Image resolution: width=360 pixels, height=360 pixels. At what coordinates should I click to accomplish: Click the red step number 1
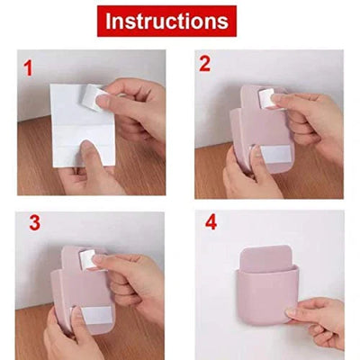(x=28, y=66)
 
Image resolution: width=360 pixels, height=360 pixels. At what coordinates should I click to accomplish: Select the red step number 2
(x=204, y=64)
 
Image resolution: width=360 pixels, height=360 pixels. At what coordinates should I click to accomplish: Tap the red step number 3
(x=34, y=224)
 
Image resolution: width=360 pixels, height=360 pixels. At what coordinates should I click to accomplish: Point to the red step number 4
(x=211, y=222)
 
